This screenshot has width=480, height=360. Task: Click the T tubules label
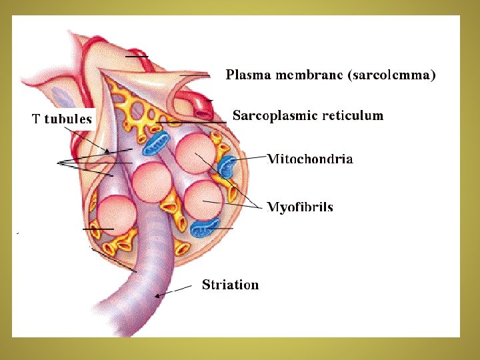tap(63, 120)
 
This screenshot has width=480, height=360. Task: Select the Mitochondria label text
tap(310, 159)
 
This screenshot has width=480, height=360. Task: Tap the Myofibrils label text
tap(300, 208)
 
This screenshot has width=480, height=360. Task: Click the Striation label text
tap(230, 285)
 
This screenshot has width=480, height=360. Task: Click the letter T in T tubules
tap(37, 120)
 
